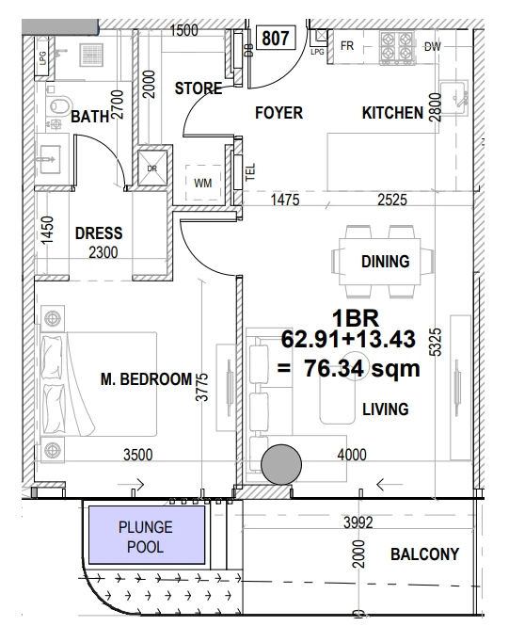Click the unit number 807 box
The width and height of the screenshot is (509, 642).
pyautogui.click(x=276, y=38)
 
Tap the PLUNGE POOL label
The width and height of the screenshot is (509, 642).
pyautogui.click(x=146, y=537)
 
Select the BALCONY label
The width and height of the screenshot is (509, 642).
pyautogui.click(x=424, y=554)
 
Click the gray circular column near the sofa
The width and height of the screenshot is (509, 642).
pyautogui.click(x=281, y=464)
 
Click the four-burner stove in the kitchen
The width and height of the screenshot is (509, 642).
pyautogui.click(x=396, y=48)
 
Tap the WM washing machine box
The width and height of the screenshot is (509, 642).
pyautogui.click(x=203, y=183)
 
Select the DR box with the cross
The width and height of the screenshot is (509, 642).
pyautogui.click(x=152, y=168)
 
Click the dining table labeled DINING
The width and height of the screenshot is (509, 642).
pyautogui.click(x=380, y=262)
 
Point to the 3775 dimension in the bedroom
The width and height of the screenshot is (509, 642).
pyautogui.click(x=202, y=387)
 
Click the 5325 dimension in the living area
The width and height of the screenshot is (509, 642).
pyautogui.click(x=437, y=342)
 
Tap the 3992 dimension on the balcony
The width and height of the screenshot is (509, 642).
pyautogui.click(x=358, y=522)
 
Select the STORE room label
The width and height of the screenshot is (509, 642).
pyautogui.click(x=199, y=88)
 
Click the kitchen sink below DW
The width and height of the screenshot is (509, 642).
pyautogui.click(x=454, y=98)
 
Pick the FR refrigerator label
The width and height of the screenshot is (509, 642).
pyautogui.click(x=347, y=45)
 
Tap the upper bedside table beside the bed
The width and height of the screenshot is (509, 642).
pyautogui.click(x=53, y=318)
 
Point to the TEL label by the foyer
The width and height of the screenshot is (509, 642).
pyautogui.click(x=250, y=172)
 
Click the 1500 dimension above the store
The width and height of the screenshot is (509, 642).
pyautogui.click(x=183, y=30)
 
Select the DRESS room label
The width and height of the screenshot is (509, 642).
pyautogui.click(x=99, y=233)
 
